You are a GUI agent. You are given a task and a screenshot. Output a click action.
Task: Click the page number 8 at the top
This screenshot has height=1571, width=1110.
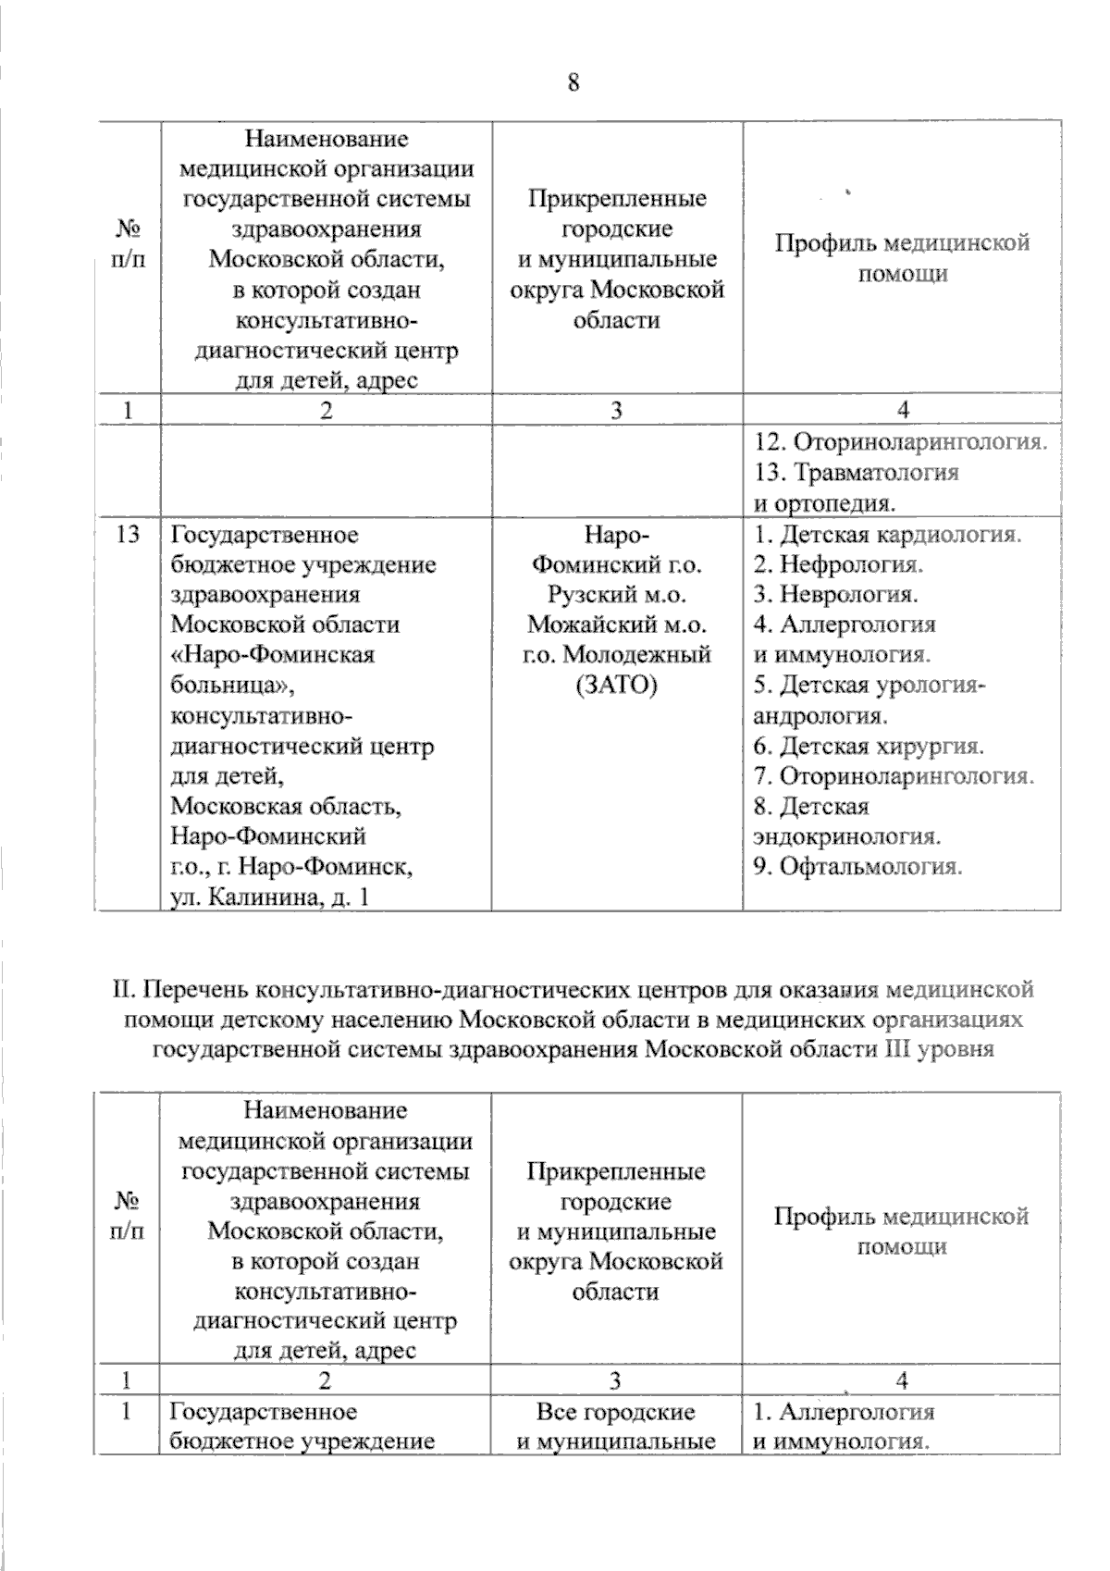pyautogui.click(x=573, y=82)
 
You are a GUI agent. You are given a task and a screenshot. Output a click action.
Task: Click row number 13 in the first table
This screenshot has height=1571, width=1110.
pyautogui.click(x=128, y=534)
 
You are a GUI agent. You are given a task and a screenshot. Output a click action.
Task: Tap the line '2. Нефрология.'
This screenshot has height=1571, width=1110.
pyautogui.click(x=838, y=563)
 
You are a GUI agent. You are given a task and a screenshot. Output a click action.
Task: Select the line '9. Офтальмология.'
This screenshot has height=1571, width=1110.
pyautogui.click(x=857, y=867)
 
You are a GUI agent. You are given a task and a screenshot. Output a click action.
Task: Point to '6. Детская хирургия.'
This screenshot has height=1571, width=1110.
pyautogui.click(x=868, y=746)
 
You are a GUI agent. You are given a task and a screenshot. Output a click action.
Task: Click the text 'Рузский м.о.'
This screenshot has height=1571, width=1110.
pyautogui.click(x=616, y=594)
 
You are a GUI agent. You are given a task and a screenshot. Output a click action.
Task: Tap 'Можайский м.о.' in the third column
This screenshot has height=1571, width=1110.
pyautogui.click(x=616, y=625)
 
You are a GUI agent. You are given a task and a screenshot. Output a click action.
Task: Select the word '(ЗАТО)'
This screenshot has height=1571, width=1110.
pyautogui.click(x=616, y=685)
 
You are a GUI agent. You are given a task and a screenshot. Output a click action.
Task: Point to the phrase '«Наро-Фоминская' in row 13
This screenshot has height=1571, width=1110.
pyautogui.click(x=273, y=654)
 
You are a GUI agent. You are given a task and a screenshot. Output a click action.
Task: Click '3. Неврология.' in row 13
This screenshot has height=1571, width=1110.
pyautogui.click(x=835, y=594)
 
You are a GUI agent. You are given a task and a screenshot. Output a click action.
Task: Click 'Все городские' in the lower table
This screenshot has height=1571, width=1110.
pyautogui.click(x=615, y=1412)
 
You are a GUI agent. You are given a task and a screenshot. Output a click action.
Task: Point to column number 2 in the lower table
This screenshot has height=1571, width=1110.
pyautogui.click(x=324, y=1380)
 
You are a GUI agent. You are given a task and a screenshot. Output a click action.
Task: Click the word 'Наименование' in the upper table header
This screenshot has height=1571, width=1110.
pyautogui.click(x=326, y=139)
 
